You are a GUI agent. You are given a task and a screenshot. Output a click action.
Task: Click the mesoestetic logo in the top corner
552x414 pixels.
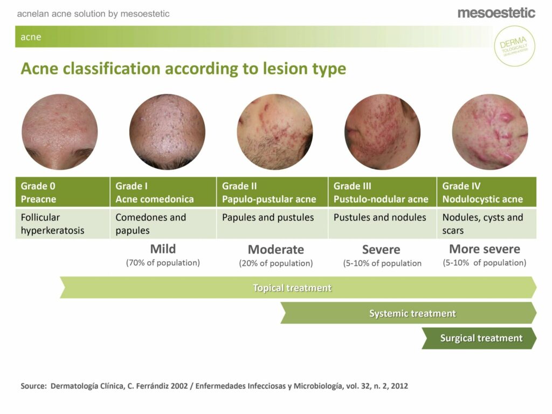coord(496,13)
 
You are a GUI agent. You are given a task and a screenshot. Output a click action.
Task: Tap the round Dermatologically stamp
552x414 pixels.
coord(514,46)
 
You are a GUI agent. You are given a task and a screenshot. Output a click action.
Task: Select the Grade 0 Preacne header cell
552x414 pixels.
coord(63,192)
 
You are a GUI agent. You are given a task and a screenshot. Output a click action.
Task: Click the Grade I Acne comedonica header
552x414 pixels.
coord(163,192)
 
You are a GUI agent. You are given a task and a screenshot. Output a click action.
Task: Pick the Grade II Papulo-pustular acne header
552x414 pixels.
coord(272,192)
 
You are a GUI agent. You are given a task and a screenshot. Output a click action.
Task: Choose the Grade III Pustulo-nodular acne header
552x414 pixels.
coord(382,192)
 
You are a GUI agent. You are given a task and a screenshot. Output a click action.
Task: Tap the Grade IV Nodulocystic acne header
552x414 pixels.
coord(487,192)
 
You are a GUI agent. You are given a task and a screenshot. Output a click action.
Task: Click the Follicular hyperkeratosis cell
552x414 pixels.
coord(63,224)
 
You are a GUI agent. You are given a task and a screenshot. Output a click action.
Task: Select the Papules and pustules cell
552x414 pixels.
coord(272,224)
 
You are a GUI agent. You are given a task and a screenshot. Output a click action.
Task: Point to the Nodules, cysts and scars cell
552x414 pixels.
coord(487,224)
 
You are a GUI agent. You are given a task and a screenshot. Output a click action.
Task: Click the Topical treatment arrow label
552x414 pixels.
coord(292,288)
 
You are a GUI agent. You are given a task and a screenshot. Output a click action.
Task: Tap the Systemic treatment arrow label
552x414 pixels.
coord(412,313)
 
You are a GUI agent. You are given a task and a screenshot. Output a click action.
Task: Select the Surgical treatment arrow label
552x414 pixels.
coord(481,339)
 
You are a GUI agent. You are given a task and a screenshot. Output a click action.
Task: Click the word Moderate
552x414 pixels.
coord(276,250)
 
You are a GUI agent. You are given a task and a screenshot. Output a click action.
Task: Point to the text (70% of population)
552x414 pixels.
coord(163,263)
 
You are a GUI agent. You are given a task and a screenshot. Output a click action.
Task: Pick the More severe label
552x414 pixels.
coord(485,249)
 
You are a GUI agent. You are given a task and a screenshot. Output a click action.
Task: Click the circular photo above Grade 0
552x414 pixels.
coord(60,132)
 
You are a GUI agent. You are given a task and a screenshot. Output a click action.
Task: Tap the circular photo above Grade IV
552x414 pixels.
coord(490,132)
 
